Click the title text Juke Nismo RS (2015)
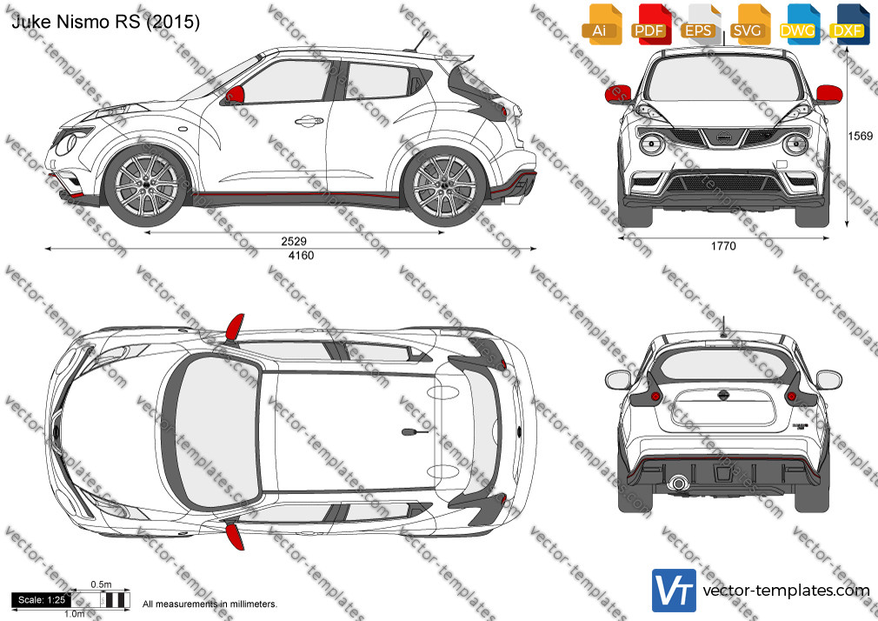(106, 21)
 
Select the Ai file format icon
(602, 24)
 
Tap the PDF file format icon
(651, 24)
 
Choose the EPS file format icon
(700, 24)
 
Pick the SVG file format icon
(749, 24)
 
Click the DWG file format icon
(799, 24)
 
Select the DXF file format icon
(848, 24)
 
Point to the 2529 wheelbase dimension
(294, 241)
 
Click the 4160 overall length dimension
(301, 256)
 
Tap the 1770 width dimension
(723, 246)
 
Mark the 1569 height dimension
(860, 136)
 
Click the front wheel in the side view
(146, 185)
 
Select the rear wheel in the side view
(444, 185)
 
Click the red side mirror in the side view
(236, 95)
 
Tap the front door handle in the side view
(309, 121)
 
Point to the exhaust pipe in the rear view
(678, 483)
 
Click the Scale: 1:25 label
(42, 600)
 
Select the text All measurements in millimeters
(210, 604)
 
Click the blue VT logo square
(674, 591)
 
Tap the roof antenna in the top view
(415, 432)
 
